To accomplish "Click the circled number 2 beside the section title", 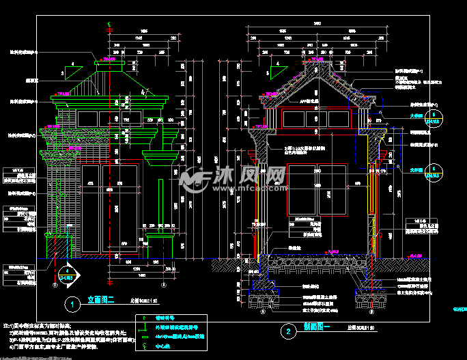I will (289, 333).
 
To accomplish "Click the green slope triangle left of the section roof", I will (278, 72).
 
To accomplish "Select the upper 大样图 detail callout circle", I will (431, 121).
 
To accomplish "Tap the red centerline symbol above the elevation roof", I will (110, 27).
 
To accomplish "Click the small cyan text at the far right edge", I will (458, 308).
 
